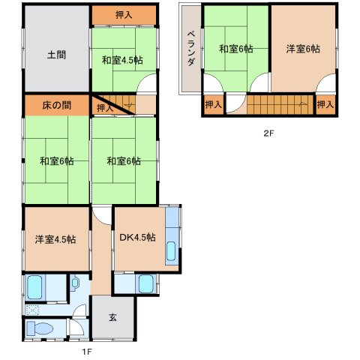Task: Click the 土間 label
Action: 56,55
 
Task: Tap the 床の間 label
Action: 56,105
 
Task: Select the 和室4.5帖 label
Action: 122,60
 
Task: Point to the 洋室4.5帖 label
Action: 55,239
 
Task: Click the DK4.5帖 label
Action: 137,237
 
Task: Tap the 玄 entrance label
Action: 112,317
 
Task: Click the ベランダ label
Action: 191,48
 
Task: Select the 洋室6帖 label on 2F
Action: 303,49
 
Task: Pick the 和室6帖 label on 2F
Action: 235,49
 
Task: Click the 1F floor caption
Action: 88,352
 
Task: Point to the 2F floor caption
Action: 268,133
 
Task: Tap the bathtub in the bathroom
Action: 34,287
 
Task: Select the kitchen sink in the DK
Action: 172,251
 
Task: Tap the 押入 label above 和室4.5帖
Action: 124,15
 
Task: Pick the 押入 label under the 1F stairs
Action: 105,108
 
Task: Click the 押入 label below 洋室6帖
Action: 325,104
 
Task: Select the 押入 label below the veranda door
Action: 213,104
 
